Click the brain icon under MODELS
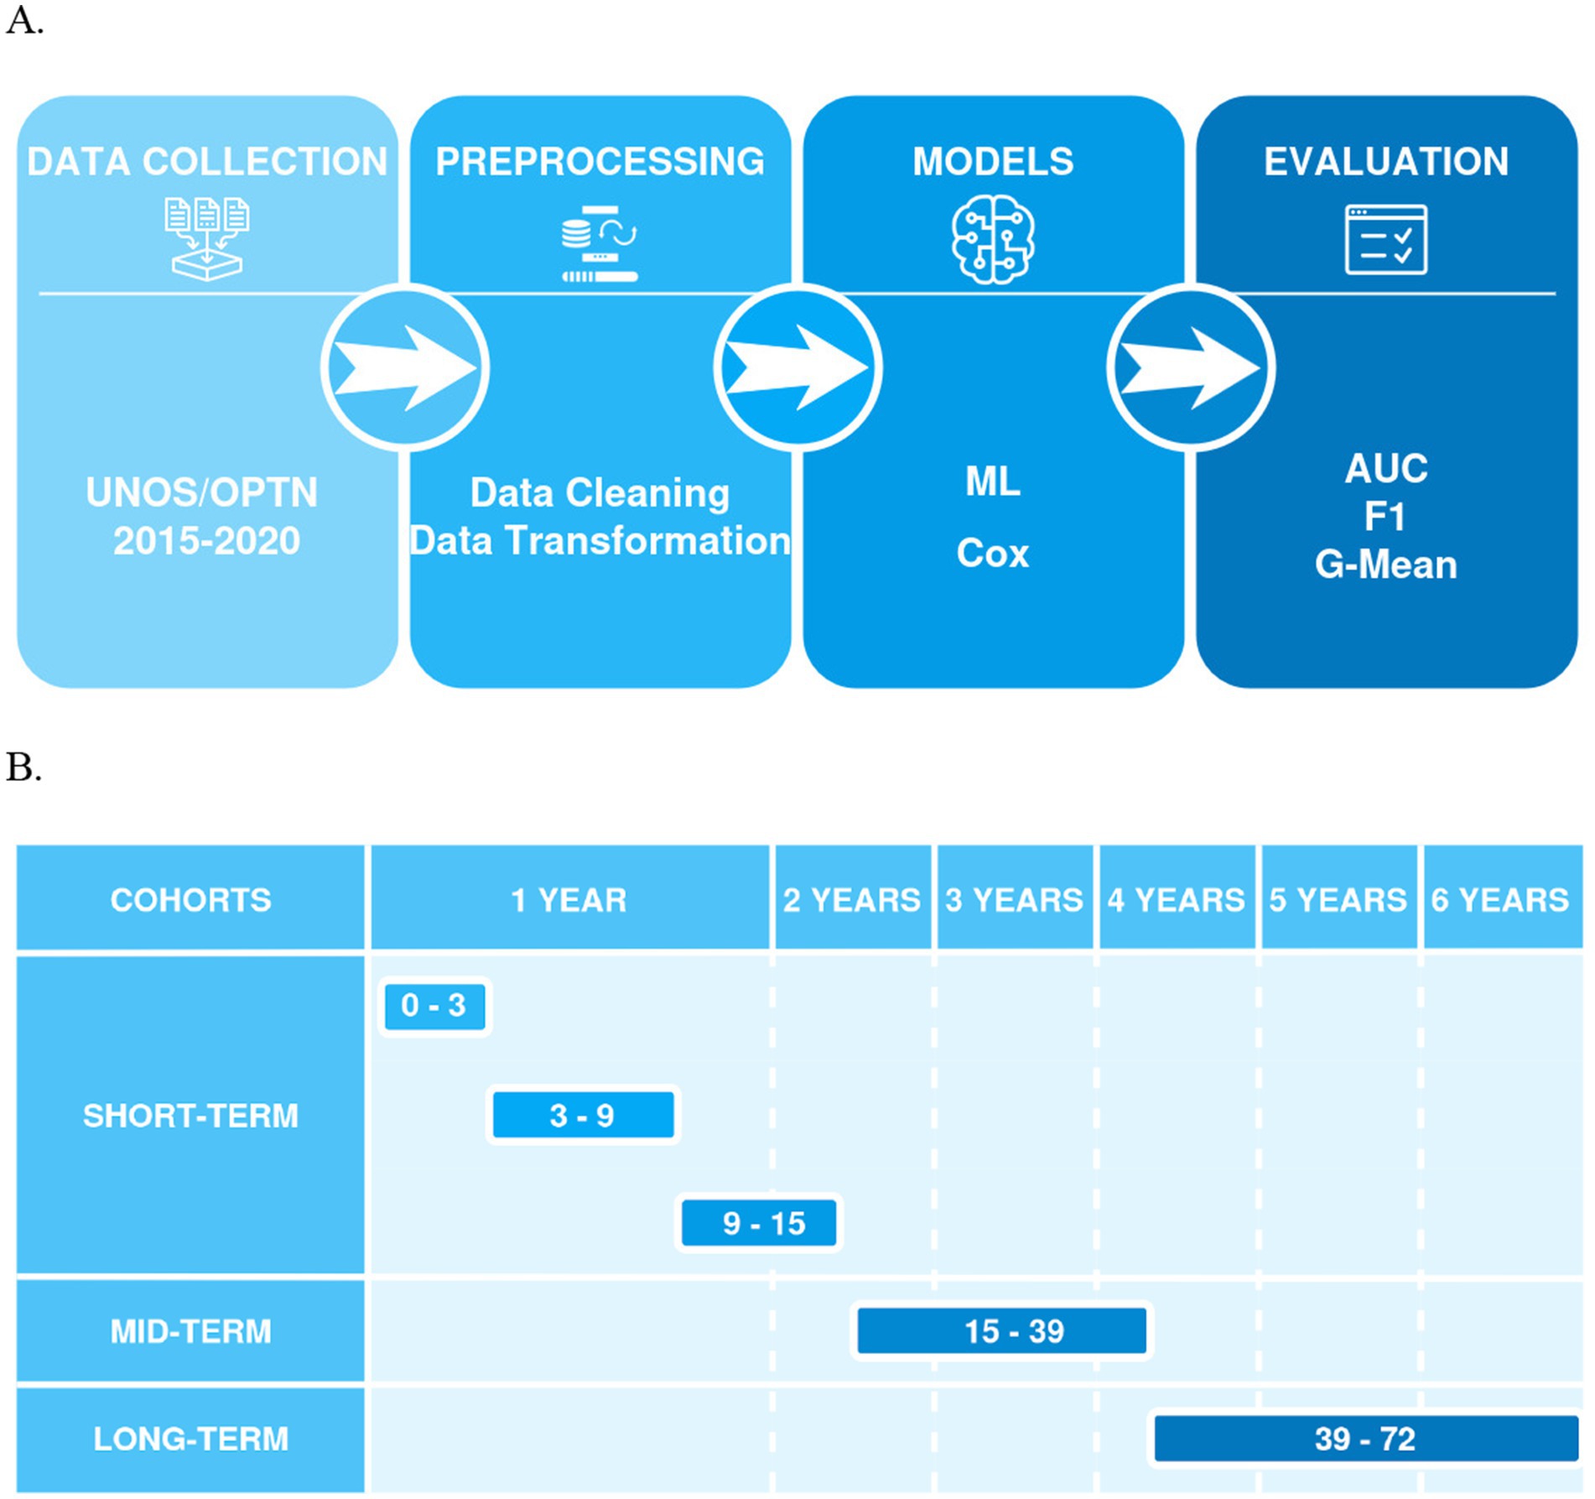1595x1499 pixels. (993, 240)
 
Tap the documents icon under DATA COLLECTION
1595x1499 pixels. (206, 238)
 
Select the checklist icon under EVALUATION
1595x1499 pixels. (1385, 240)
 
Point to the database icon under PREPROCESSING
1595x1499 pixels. (599, 243)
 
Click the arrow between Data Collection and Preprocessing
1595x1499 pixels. (406, 368)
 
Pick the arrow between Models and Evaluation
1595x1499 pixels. (1191, 368)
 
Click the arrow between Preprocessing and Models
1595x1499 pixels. (798, 368)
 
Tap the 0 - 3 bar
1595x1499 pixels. (434, 1006)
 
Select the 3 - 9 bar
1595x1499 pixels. (583, 1115)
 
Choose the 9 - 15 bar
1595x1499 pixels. (759, 1223)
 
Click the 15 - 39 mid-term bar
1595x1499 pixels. (1002, 1330)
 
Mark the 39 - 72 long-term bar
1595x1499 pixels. (1365, 1439)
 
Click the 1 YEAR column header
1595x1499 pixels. (569, 899)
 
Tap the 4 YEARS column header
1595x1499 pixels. (1176, 899)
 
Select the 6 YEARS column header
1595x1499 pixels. (1500, 899)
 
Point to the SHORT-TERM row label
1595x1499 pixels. (190, 1116)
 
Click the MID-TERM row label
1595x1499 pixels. (190, 1331)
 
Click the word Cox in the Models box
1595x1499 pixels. (993, 554)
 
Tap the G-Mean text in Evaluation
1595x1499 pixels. (1385, 565)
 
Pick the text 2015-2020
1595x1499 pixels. (206, 541)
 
